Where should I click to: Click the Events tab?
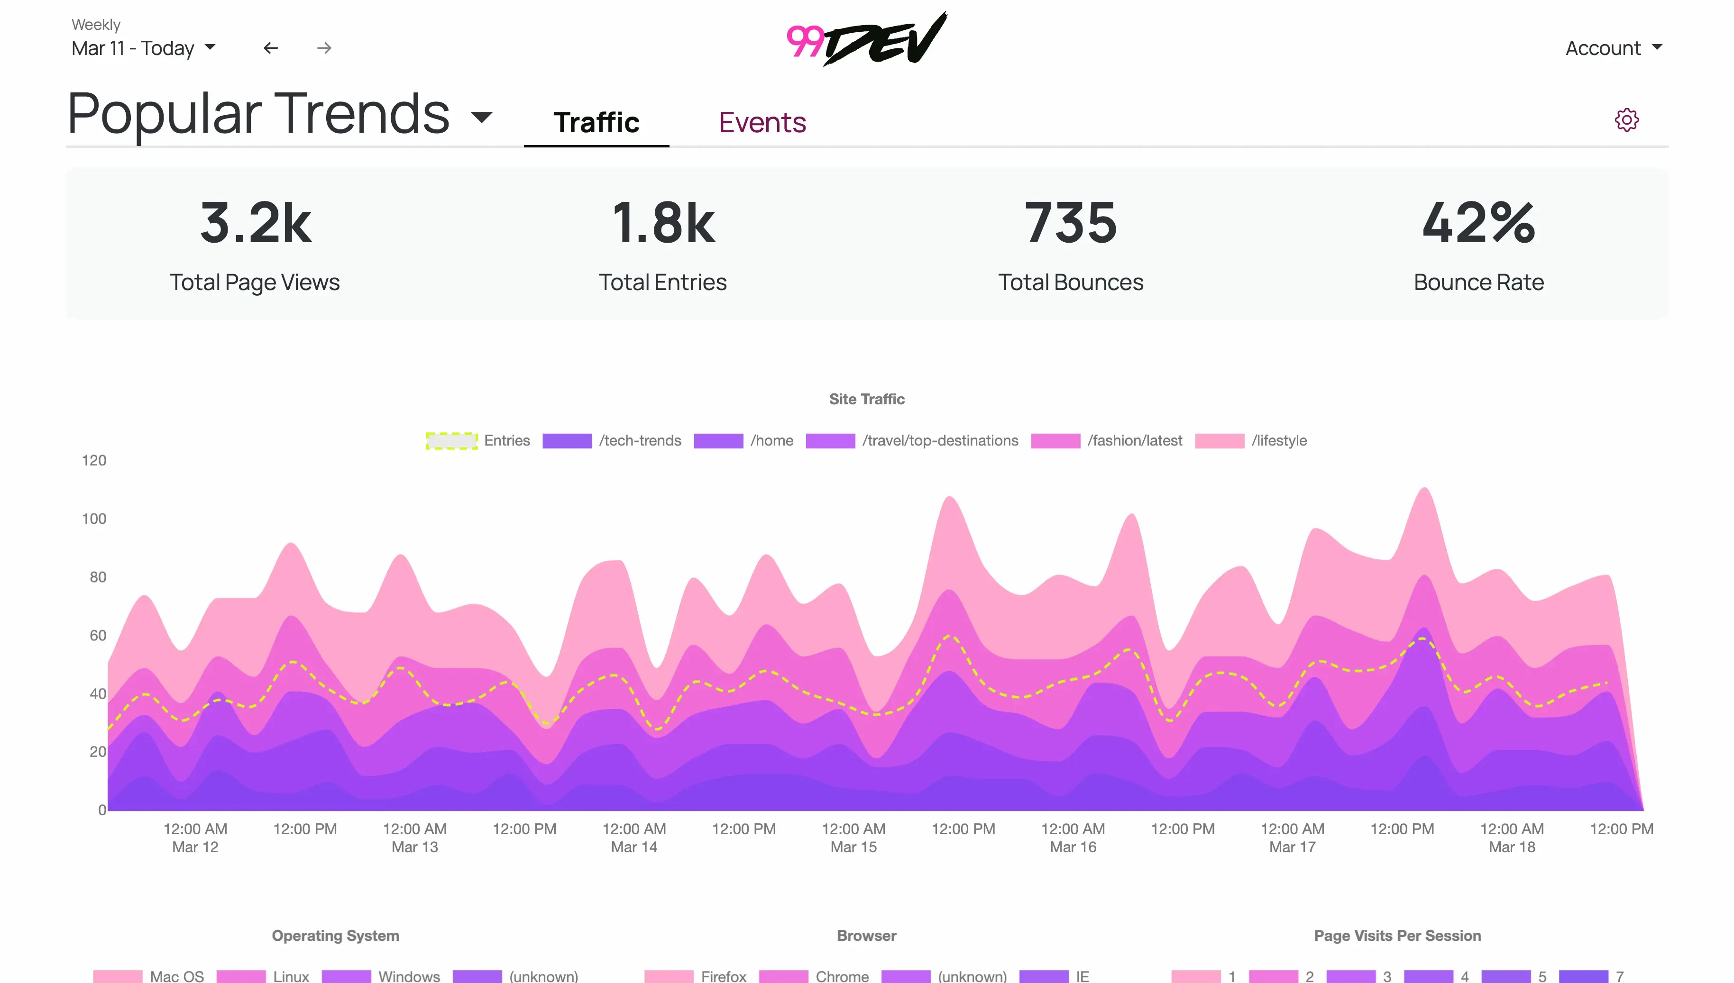[761, 122]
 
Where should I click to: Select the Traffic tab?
[596, 122]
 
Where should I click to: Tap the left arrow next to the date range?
[271, 48]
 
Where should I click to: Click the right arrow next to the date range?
[324, 48]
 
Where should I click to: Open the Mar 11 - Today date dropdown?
[143, 48]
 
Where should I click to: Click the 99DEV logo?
[867, 39]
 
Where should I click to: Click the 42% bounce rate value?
[1478, 223]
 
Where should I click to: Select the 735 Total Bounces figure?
[1070, 223]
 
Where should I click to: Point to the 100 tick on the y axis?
[94, 519]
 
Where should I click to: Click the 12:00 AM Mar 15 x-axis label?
[853, 837]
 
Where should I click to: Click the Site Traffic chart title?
[866, 399]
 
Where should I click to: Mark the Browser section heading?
[866, 935]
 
